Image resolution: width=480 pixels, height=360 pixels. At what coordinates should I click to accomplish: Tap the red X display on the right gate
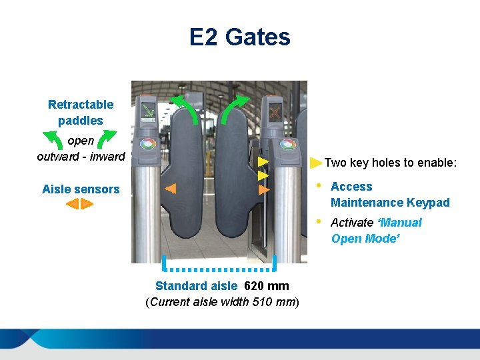click(274, 112)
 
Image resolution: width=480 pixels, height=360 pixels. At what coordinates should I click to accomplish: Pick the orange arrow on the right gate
click(264, 190)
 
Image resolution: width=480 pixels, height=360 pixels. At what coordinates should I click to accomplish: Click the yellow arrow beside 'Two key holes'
click(316, 162)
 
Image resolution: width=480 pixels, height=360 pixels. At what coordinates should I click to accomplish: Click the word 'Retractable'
click(81, 105)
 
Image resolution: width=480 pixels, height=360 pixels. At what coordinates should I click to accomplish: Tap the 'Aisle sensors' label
click(81, 189)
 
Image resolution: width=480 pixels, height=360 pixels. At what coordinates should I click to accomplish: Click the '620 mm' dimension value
click(267, 286)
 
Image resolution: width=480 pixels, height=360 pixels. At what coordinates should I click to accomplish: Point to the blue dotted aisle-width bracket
click(219, 269)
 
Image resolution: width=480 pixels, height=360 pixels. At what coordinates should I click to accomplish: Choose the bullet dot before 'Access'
click(319, 185)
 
